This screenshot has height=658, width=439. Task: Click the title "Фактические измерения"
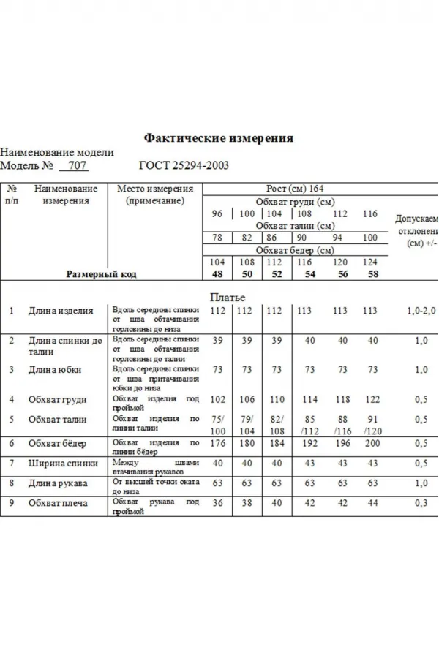pos(219,137)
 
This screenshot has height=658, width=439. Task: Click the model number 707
pos(78,166)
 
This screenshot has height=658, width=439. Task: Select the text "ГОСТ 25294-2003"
pos(184,166)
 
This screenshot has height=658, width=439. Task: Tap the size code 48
pos(217,274)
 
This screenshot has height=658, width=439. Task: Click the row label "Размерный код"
pos(102,274)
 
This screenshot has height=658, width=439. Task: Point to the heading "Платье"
pos(228,297)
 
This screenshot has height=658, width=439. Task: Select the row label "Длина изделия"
pos(61,311)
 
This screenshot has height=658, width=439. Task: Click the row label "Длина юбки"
pos(55,370)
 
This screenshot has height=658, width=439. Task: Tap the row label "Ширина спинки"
pos(62,464)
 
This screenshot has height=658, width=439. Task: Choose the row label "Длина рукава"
pos(58,483)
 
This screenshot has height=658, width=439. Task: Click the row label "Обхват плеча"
pos(58,504)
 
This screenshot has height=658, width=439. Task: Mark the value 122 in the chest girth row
pos(372,400)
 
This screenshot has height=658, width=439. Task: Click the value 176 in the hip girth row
pos(217,443)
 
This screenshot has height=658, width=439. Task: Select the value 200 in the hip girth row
pos(372,443)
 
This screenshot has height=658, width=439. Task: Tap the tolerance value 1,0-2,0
pos(421,311)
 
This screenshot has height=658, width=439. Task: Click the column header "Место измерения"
pos(154,189)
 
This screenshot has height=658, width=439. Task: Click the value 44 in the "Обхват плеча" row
pos(372,504)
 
